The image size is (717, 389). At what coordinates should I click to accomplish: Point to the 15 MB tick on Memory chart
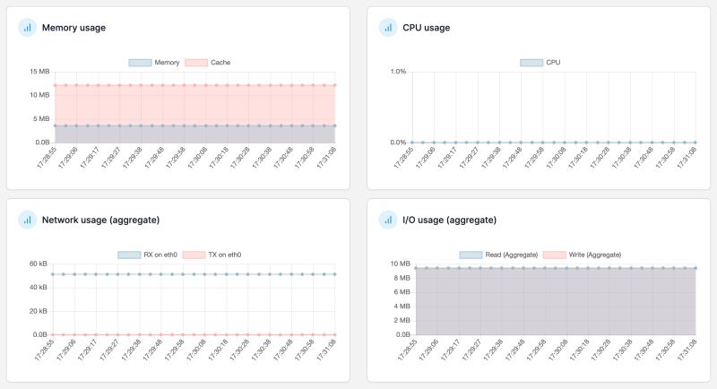[39, 72]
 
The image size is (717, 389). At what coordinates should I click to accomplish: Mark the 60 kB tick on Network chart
[38, 264]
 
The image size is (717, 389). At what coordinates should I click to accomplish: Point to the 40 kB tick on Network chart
[38, 288]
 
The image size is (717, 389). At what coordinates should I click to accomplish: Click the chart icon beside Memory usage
[27, 28]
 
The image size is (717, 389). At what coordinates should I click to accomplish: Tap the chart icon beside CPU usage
[388, 28]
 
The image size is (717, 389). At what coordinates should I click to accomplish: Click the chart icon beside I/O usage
[388, 220]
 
